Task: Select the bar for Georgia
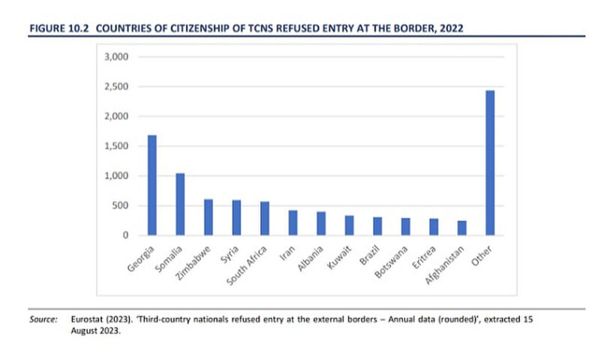pyautogui.click(x=152, y=185)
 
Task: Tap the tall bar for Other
pyautogui.click(x=490, y=163)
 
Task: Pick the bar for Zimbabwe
pyautogui.click(x=209, y=217)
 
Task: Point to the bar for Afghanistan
pyautogui.click(x=461, y=228)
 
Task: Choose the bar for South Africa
pyautogui.click(x=265, y=218)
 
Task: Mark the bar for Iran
pyautogui.click(x=293, y=223)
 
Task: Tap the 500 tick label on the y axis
pyautogui.click(x=122, y=205)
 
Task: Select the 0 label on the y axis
pyautogui.click(x=128, y=235)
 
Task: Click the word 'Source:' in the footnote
pyautogui.click(x=44, y=319)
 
